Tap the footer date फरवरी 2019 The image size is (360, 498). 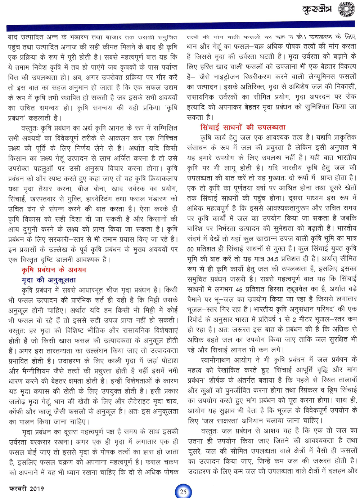point(27,489)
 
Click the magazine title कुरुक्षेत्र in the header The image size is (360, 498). point(317,10)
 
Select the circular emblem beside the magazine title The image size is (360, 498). point(346,9)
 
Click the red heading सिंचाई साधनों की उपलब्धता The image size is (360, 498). point(243,127)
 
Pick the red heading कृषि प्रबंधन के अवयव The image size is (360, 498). point(54,270)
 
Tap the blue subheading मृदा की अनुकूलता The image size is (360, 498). point(49,280)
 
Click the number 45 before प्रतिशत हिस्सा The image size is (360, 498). point(239,289)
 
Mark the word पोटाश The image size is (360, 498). point(168,361)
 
